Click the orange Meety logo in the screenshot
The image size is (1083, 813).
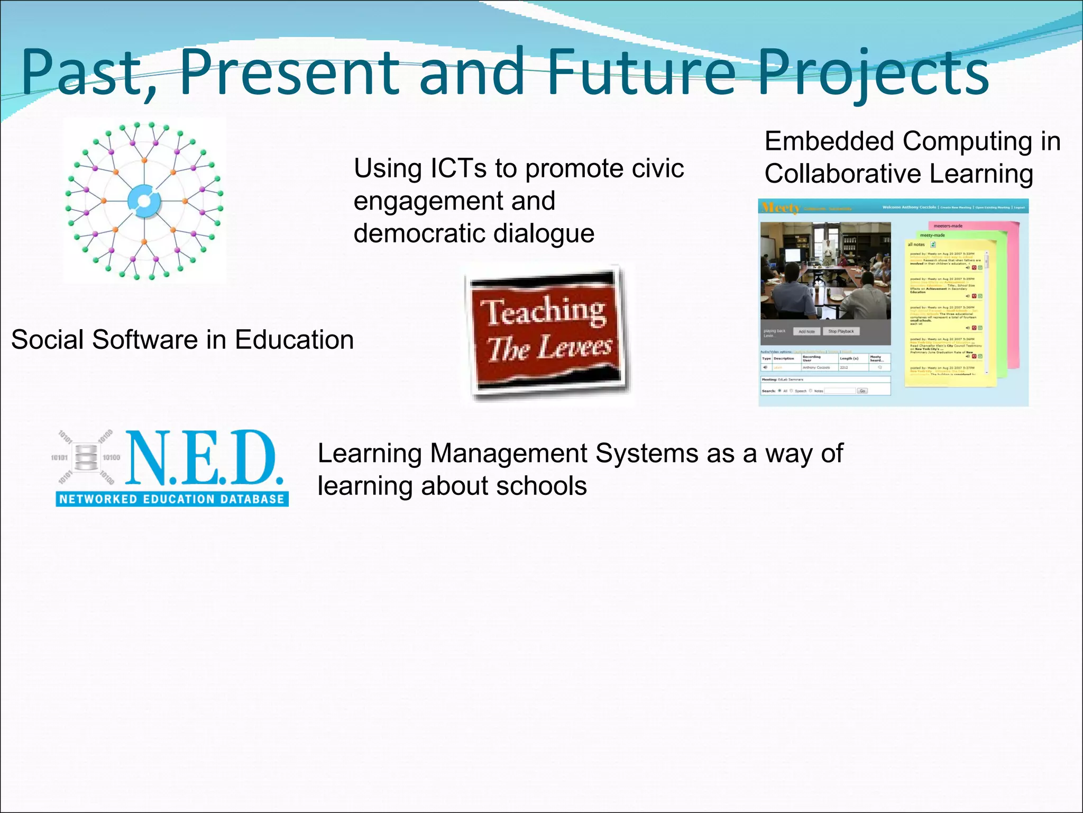click(779, 207)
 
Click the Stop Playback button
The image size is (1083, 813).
click(841, 331)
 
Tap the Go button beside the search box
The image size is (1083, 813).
click(862, 391)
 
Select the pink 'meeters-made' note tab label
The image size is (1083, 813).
click(948, 226)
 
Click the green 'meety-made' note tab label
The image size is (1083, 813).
click(932, 235)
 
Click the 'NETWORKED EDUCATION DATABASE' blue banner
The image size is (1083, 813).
click(172, 499)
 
